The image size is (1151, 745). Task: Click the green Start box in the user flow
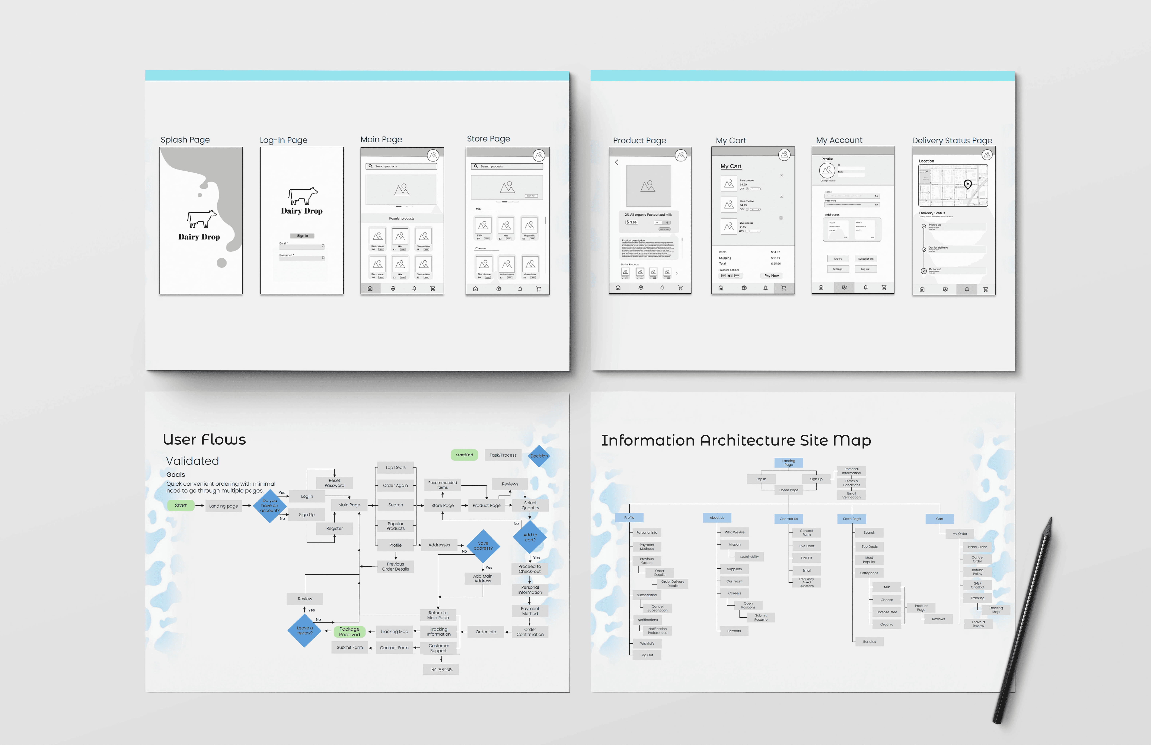click(x=180, y=506)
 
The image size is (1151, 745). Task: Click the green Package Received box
click(x=349, y=632)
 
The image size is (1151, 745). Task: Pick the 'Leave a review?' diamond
click(x=305, y=630)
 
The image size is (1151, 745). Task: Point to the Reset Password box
click(x=334, y=483)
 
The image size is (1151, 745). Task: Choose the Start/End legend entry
click(x=464, y=455)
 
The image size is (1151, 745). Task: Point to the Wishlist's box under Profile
click(x=647, y=643)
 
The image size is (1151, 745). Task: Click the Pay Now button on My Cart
click(x=771, y=276)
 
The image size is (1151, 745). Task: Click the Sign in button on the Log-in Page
click(x=302, y=236)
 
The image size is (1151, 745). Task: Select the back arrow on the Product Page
click(x=617, y=163)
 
